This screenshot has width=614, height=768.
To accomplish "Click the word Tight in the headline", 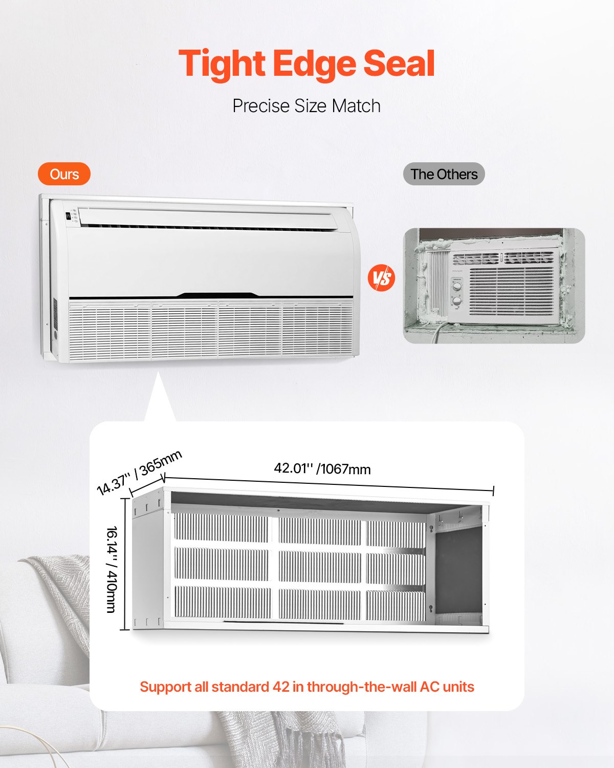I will tap(222, 64).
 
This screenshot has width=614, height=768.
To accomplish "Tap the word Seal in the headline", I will tap(399, 64).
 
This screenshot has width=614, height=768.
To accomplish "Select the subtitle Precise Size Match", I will tap(306, 106).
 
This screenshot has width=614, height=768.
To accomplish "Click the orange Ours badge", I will tap(64, 174).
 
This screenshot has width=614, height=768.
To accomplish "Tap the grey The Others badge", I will tap(444, 174).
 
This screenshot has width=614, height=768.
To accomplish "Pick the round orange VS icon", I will tap(382, 278).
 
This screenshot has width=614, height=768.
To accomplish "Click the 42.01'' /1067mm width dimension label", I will tap(322, 468).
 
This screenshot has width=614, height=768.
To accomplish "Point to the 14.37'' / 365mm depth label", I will tap(139, 472).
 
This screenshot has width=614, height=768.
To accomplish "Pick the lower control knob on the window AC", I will tap(457, 301).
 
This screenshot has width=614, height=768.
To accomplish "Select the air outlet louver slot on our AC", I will tap(205, 226).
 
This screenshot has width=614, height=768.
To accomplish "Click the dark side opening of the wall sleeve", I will tap(458, 568).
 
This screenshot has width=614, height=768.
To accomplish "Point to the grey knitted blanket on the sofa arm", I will tap(56, 589).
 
